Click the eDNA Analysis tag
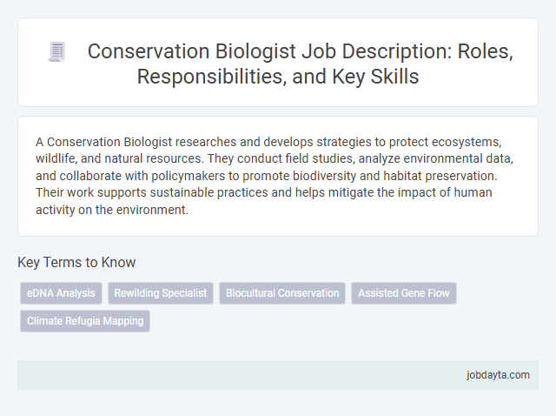coord(61,293)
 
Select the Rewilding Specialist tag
coord(161,293)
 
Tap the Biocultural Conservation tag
coord(282,293)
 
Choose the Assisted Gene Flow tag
coord(404,293)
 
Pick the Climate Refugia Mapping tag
coord(85,321)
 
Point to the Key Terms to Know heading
coord(76,262)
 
